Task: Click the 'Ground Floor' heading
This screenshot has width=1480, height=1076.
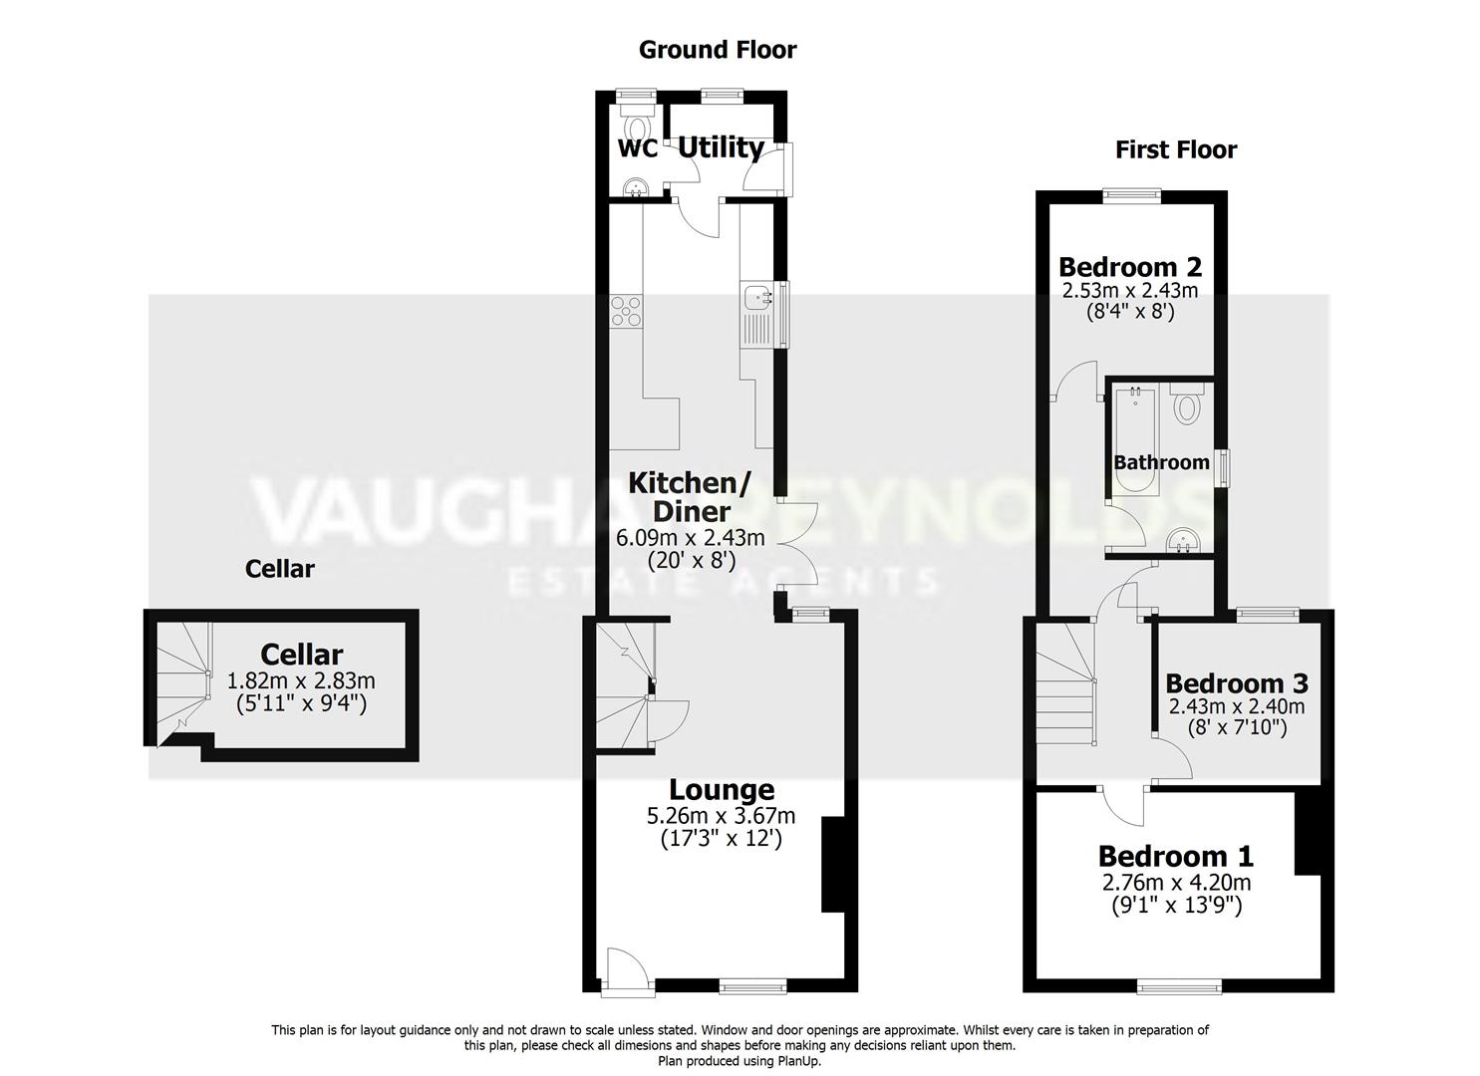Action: pos(718,50)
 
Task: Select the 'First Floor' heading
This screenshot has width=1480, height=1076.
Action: pos(1176,150)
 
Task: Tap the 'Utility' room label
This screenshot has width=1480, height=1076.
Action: pos(721,147)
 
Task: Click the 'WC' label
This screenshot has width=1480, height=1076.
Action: pos(638,149)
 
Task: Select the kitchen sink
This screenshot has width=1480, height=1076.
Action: pos(756,297)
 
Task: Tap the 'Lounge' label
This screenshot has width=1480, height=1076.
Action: pos(721,790)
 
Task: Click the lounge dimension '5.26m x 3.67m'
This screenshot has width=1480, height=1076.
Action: pos(721,817)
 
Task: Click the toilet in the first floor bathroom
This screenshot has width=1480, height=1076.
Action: pos(1187,406)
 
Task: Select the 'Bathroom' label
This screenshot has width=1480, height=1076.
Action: pos(1161,462)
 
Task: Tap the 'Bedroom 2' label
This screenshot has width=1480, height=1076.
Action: pos(1129,267)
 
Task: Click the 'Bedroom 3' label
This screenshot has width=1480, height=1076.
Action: pos(1236,683)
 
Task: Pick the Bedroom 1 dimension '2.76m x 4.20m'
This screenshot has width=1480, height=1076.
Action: pos(1176,883)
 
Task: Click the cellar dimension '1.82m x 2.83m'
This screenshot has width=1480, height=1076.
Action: pos(301,681)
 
